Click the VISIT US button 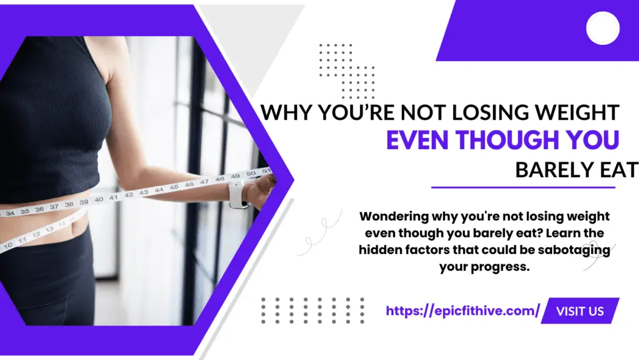click(x=580, y=311)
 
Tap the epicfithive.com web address click(x=463, y=311)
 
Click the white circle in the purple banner click(x=603, y=28)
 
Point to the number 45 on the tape click(x=174, y=187)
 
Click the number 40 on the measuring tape click(x=99, y=200)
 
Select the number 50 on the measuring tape click(x=251, y=173)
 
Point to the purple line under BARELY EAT click(x=524, y=188)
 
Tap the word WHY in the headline click(x=286, y=112)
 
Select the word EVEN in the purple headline click(x=418, y=140)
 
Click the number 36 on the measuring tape click(x=39, y=209)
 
